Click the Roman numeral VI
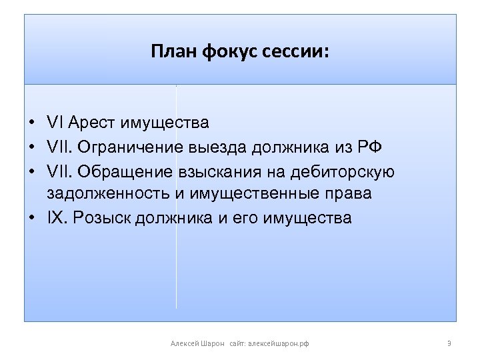pyautogui.click(x=55, y=122)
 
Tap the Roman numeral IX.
pyautogui.click(x=57, y=217)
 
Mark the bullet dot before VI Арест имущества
pyautogui.click(x=32, y=123)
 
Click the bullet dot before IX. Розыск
pyautogui.click(x=32, y=218)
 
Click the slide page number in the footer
pyautogui.click(x=449, y=343)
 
